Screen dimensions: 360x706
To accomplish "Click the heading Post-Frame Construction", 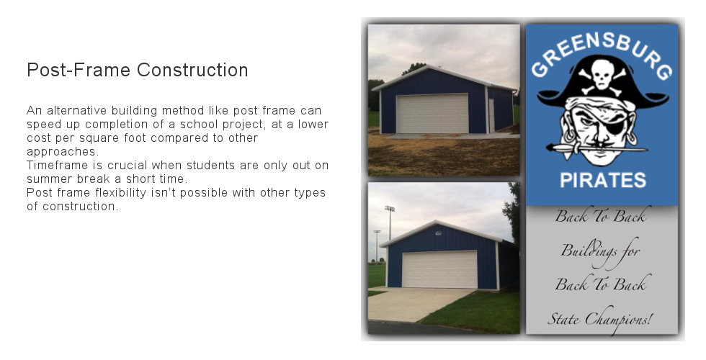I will click(137, 71).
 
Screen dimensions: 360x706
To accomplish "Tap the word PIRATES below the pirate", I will click(602, 180).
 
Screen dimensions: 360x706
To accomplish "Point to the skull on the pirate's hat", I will click(600, 74).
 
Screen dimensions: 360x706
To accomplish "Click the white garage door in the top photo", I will click(432, 114).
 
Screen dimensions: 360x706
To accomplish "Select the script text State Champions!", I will click(599, 318).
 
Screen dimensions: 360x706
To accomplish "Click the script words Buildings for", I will click(600, 251).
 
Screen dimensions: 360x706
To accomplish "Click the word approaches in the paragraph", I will click(60, 152).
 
